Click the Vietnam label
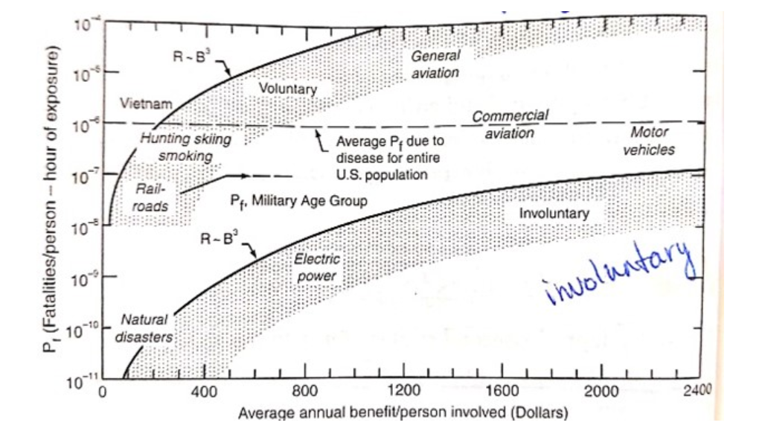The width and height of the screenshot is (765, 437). click(x=146, y=105)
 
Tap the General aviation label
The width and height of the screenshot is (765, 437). click(x=435, y=64)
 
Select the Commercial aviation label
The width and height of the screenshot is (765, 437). click(x=510, y=124)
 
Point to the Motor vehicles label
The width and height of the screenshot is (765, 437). click(x=649, y=141)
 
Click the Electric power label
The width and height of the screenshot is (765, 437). click(x=317, y=268)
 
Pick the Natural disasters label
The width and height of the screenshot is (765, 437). click(x=144, y=328)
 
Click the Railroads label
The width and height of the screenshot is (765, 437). click(x=151, y=197)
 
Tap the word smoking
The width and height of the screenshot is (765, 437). click(x=186, y=156)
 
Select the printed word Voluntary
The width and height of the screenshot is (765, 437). click(x=287, y=89)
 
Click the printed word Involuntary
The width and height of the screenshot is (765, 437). click(x=554, y=214)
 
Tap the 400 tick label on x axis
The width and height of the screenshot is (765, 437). click(x=203, y=392)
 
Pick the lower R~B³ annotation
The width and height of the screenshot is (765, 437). click(x=220, y=240)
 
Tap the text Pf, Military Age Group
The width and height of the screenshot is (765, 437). click(x=298, y=201)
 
